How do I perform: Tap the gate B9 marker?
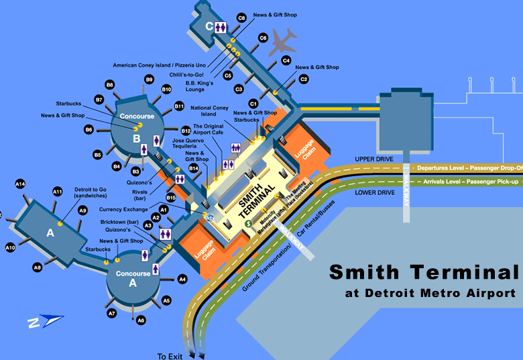click(x=150, y=79)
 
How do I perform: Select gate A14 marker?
click(x=20, y=184)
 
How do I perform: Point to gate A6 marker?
click(x=141, y=321)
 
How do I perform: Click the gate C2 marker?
click(x=303, y=79)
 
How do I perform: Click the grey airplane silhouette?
click(x=284, y=42)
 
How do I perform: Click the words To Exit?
click(x=170, y=356)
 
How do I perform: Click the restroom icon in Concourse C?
click(x=221, y=26)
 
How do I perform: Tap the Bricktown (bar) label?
click(x=119, y=222)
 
